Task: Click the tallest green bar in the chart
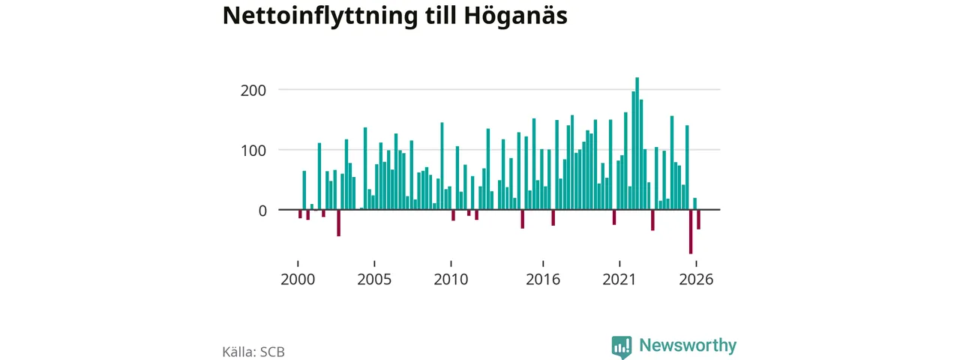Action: (x=637, y=143)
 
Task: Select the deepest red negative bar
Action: (x=691, y=232)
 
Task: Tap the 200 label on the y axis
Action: (x=253, y=91)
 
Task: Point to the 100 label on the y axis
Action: (x=253, y=151)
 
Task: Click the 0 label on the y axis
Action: (x=262, y=211)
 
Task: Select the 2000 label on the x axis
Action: (x=298, y=280)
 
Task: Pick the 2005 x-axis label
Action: (x=374, y=280)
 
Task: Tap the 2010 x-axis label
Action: (x=451, y=280)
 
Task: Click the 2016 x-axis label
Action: (x=543, y=280)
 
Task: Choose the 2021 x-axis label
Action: (x=619, y=280)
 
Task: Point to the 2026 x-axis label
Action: (x=696, y=280)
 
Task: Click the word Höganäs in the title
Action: (x=515, y=16)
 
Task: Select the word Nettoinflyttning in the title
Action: (x=320, y=16)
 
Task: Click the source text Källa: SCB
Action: (x=253, y=352)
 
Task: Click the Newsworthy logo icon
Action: (x=622, y=346)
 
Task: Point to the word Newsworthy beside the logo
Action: (x=688, y=346)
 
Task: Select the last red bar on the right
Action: (x=698, y=220)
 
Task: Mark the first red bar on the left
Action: (x=301, y=214)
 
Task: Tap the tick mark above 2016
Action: (x=543, y=263)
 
